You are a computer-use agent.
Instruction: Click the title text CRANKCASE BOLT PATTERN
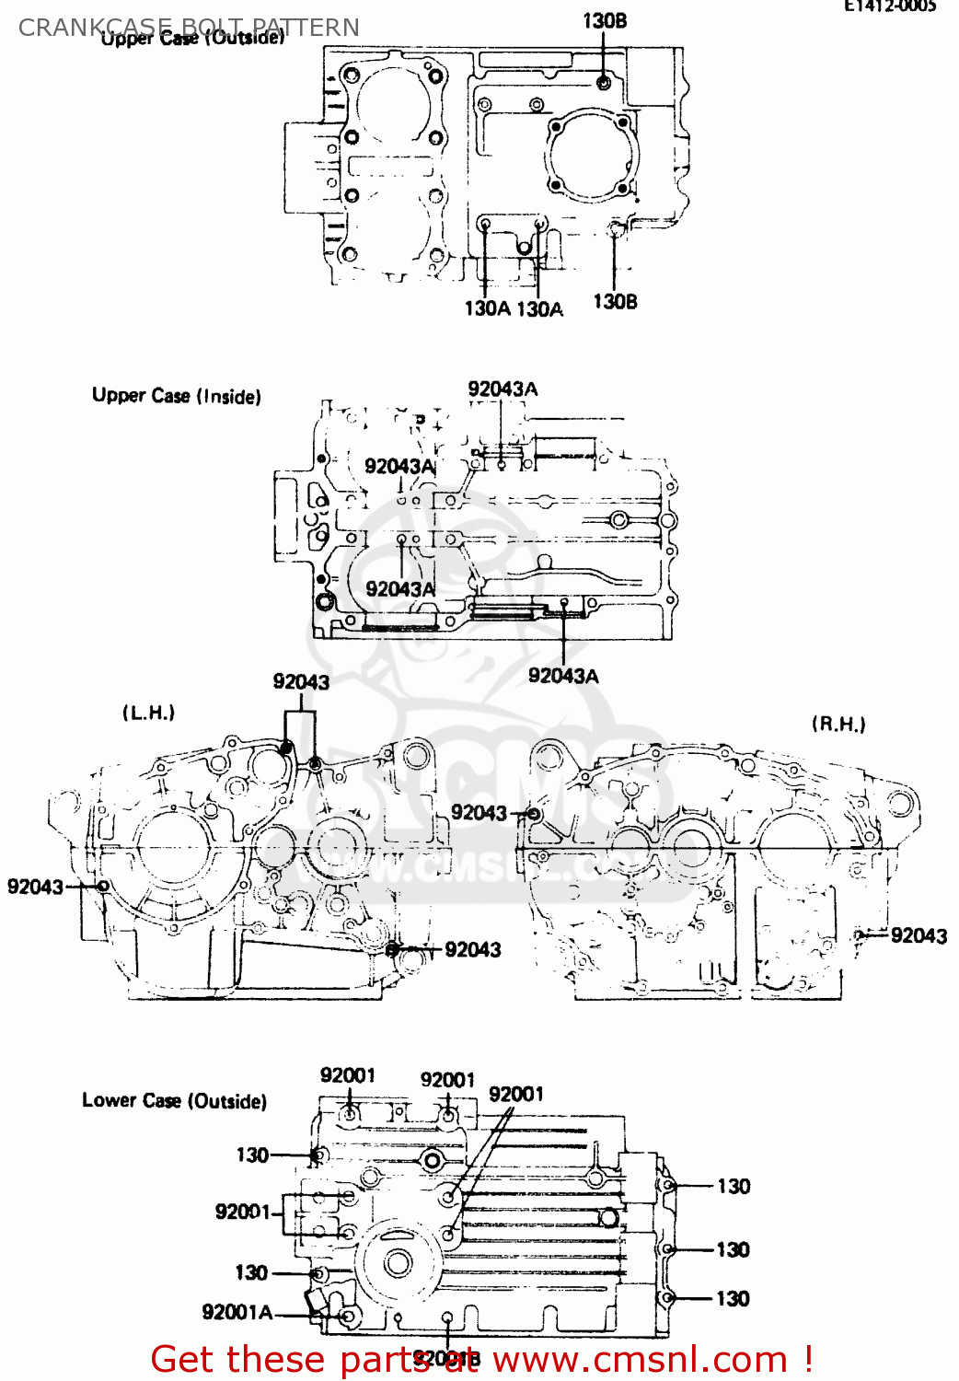(189, 28)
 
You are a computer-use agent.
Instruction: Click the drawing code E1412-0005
(889, 6)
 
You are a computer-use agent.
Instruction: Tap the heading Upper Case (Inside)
(176, 396)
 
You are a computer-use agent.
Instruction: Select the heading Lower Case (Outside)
(174, 1100)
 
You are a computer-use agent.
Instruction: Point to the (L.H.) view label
(148, 713)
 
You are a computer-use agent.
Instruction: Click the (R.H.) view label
(838, 725)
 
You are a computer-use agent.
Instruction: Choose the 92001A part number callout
(237, 1312)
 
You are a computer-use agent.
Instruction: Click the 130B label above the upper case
(605, 20)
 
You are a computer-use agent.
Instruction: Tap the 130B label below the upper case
(615, 301)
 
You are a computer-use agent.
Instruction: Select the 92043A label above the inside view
(503, 389)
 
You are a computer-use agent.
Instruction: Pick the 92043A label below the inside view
(563, 676)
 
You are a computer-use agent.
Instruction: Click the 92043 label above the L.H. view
(301, 681)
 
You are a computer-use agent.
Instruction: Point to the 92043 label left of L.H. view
(35, 887)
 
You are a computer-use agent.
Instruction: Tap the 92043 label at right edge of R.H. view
(919, 935)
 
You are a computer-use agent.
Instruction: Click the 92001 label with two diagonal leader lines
(515, 1094)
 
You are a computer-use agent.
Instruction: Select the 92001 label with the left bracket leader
(242, 1211)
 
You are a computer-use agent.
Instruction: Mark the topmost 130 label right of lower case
(734, 1186)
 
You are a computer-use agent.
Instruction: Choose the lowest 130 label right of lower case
(733, 1298)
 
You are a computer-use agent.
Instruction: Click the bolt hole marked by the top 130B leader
(604, 83)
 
